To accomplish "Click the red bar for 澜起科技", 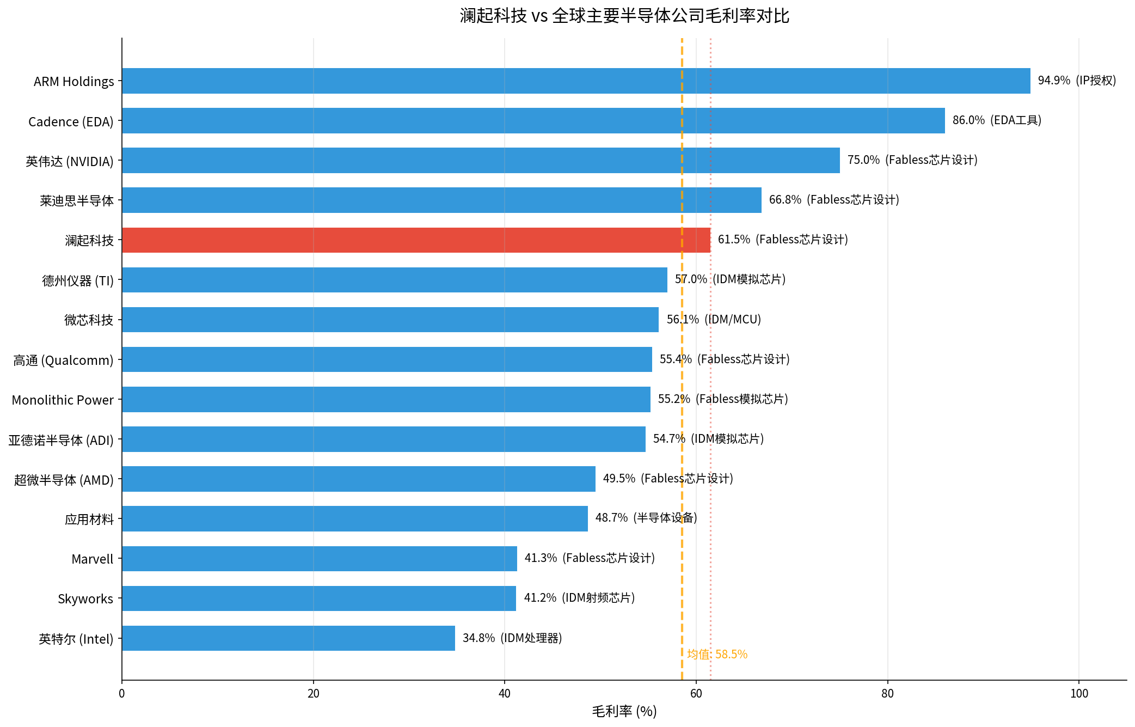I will click(416, 240).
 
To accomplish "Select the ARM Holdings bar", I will click(576, 81).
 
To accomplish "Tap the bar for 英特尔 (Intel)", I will click(289, 638).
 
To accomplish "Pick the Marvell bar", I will click(320, 559).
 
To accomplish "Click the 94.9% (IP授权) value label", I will click(1077, 81).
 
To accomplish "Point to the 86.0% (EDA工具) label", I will click(997, 120).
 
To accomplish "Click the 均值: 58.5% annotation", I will click(717, 655).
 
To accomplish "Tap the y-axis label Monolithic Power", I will click(63, 400).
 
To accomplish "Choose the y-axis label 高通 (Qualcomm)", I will click(63, 361).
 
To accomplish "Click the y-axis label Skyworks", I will click(85, 599).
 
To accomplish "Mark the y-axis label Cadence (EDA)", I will click(71, 121).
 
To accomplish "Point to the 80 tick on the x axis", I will click(887, 694).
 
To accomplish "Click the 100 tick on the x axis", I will click(1079, 694).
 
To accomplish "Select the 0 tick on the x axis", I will click(122, 694).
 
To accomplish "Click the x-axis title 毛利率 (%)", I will click(624, 711).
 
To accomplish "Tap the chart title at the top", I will click(624, 16).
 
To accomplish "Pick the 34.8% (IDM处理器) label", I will click(512, 638).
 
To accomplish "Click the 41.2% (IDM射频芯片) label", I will click(579, 598).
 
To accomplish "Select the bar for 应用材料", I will click(355, 519).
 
